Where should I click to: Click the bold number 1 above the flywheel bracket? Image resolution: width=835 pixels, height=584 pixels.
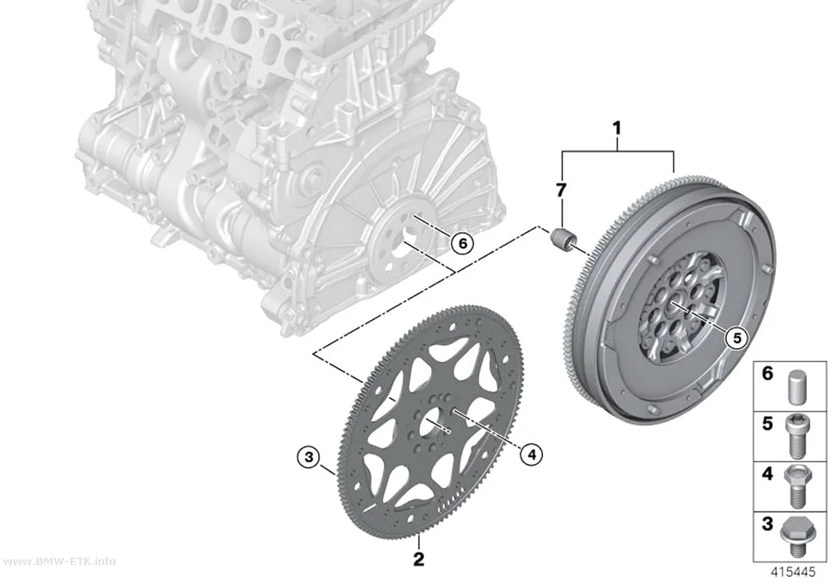[617, 128]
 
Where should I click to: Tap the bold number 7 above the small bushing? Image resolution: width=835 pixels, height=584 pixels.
[561, 190]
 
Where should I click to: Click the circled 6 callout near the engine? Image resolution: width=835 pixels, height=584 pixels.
[462, 244]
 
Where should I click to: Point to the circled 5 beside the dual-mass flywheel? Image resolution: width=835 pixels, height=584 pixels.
[737, 337]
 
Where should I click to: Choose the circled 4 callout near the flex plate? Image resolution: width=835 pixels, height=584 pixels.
[531, 454]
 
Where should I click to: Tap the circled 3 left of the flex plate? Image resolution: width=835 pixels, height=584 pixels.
[309, 456]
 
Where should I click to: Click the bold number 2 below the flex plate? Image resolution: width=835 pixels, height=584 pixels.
[419, 559]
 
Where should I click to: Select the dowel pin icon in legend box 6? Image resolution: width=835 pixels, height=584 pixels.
[794, 385]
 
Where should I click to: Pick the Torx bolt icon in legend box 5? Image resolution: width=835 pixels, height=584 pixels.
[794, 435]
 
